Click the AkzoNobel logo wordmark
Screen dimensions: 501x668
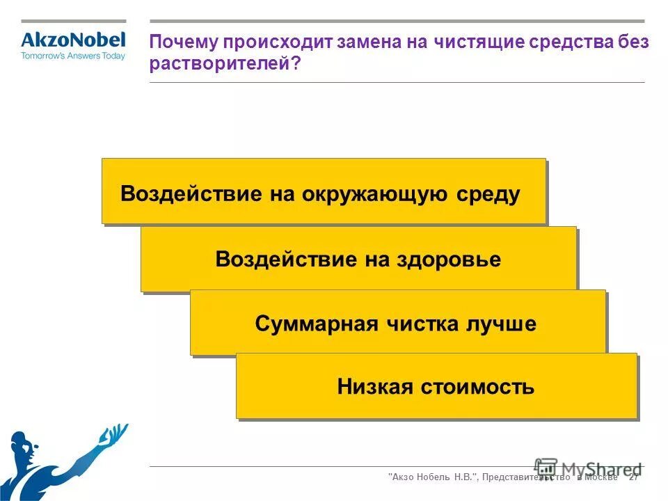click(73, 40)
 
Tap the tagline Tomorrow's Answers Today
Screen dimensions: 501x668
click(73, 56)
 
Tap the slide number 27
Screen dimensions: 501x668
click(633, 477)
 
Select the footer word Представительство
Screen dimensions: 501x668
click(529, 477)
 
